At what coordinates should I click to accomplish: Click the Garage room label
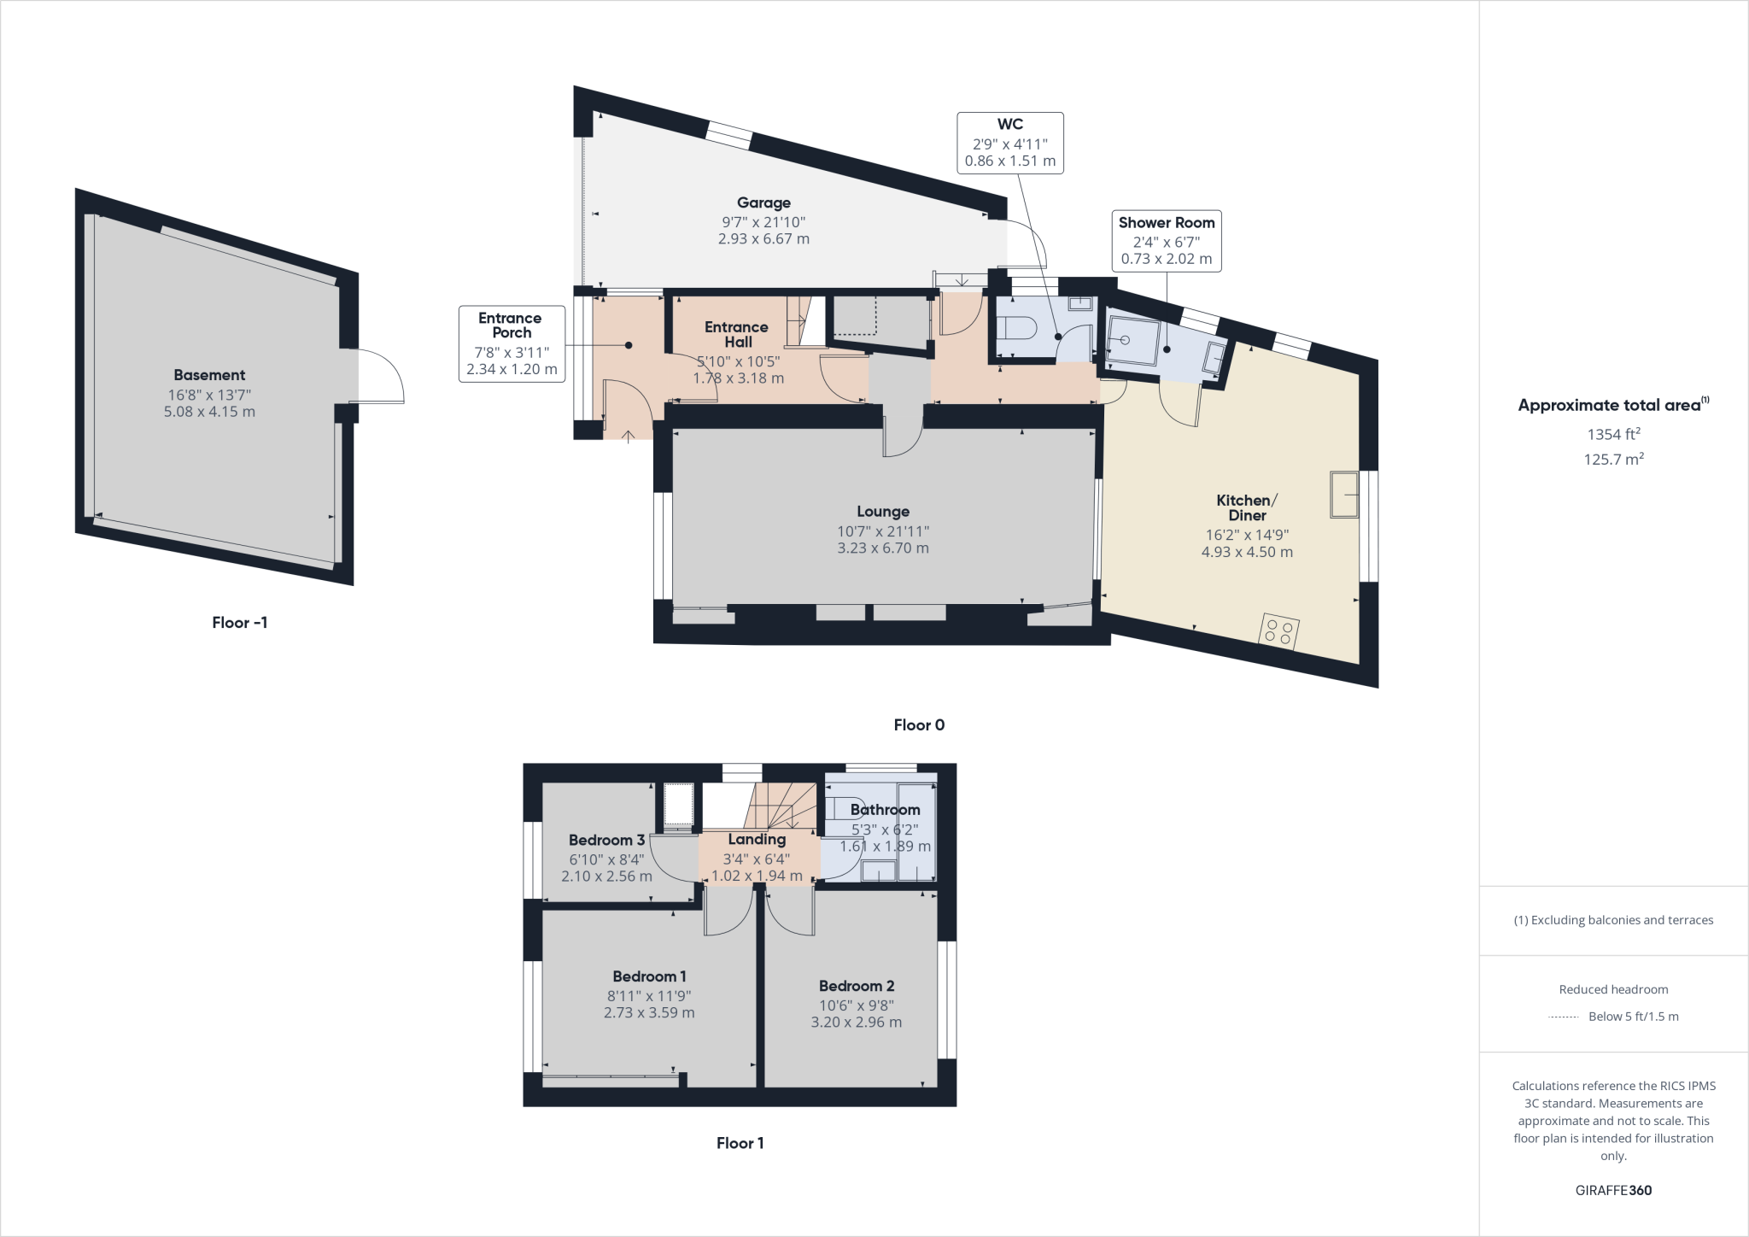click(763, 203)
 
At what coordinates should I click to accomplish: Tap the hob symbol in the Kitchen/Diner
click(1279, 632)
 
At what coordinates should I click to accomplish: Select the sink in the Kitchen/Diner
click(1344, 494)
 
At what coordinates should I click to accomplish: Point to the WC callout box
click(1009, 143)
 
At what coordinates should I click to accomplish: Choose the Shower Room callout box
click(1166, 241)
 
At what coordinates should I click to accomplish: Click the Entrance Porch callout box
click(512, 343)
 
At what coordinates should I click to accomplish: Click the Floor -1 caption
click(240, 623)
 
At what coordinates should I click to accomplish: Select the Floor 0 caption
click(919, 725)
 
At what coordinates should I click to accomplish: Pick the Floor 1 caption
click(740, 1143)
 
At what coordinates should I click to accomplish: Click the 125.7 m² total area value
click(1613, 460)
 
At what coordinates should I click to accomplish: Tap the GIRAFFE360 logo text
click(1613, 1190)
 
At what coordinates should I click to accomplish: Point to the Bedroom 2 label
click(856, 986)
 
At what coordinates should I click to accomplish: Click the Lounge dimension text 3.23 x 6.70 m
click(882, 548)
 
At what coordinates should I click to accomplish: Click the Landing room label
click(757, 839)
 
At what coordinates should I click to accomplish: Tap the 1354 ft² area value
click(1613, 434)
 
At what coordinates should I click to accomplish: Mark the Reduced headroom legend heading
click(1613, 989)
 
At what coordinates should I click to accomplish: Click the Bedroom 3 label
click(606, 840)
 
